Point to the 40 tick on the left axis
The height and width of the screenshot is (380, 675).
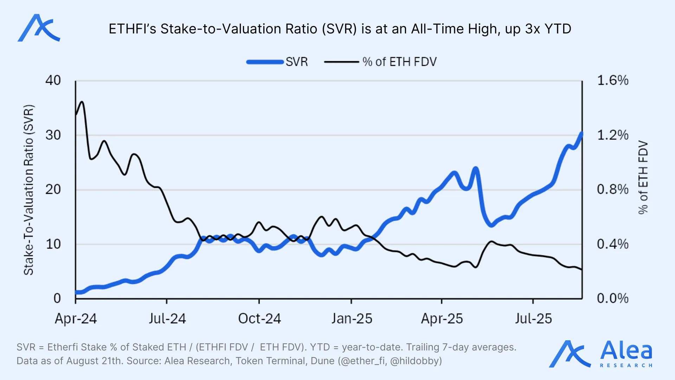coord(53,81)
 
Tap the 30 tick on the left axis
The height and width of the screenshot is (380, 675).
coord(53,135)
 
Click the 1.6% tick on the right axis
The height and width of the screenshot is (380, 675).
coord(613,81)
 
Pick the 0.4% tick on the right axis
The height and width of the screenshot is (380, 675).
coord(613,244)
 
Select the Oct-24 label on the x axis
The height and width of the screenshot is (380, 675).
coord(259,319)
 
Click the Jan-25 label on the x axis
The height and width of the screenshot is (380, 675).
coord(352,319)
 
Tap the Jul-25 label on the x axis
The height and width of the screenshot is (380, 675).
coord(533,319)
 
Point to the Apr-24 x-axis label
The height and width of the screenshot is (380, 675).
coord(76,319)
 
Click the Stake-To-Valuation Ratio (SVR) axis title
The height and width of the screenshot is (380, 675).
coord(28,190)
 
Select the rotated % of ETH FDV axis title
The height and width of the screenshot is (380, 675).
coord(643,177)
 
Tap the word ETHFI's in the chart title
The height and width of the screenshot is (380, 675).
coord(132,29)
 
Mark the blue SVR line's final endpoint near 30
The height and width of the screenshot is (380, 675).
coord(581,134)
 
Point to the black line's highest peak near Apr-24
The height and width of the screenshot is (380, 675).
coord(82,102)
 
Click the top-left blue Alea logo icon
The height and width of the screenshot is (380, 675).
coord(39,28)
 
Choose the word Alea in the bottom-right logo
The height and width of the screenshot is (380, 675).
coord(626,351)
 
